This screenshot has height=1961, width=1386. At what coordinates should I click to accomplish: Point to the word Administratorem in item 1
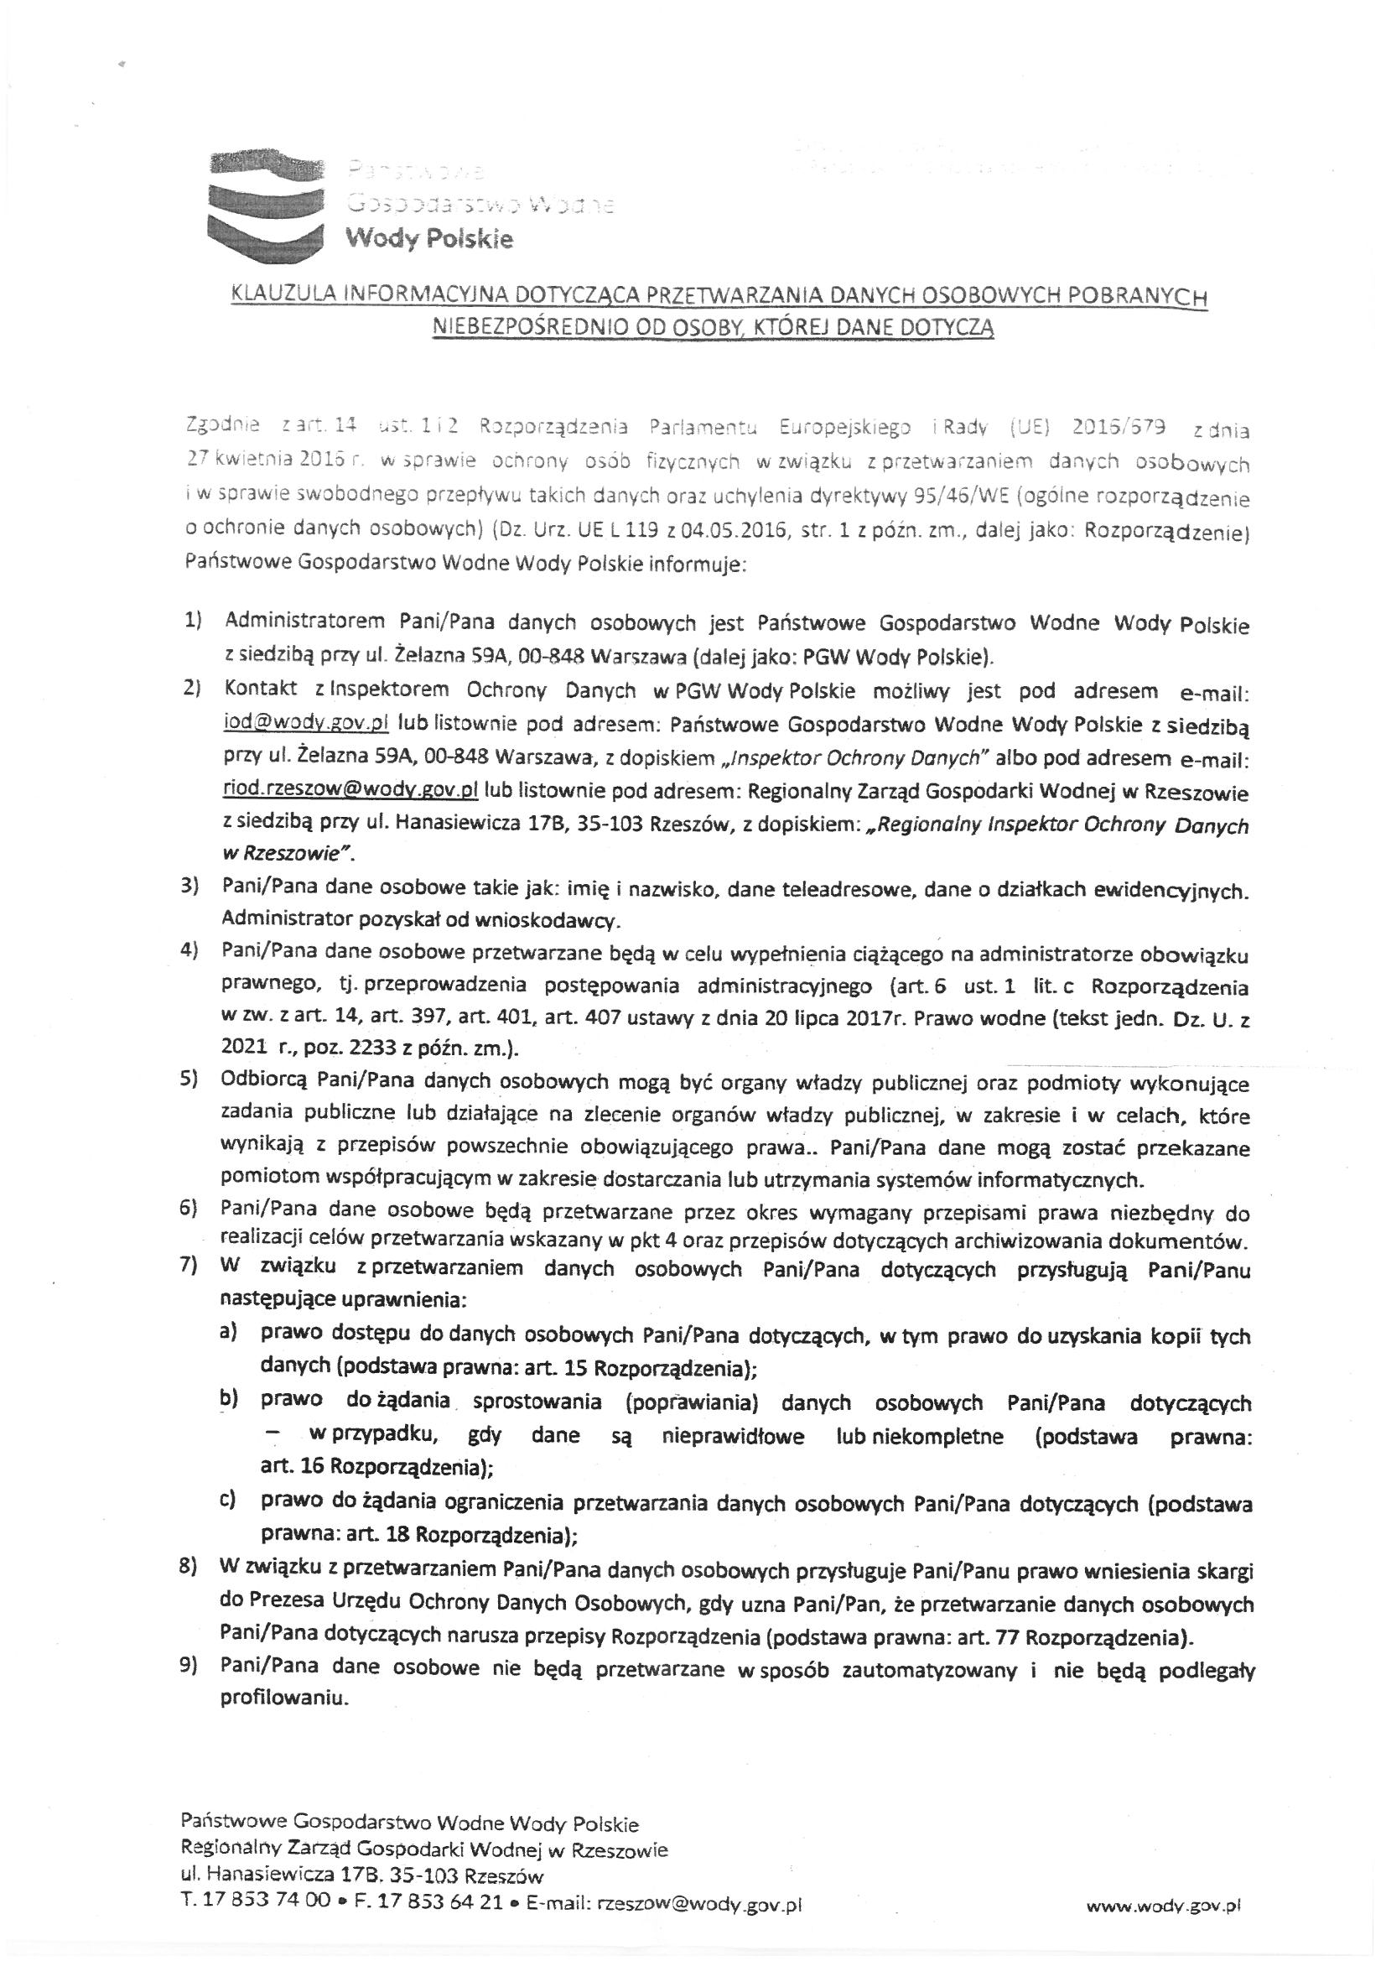point(295,621)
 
